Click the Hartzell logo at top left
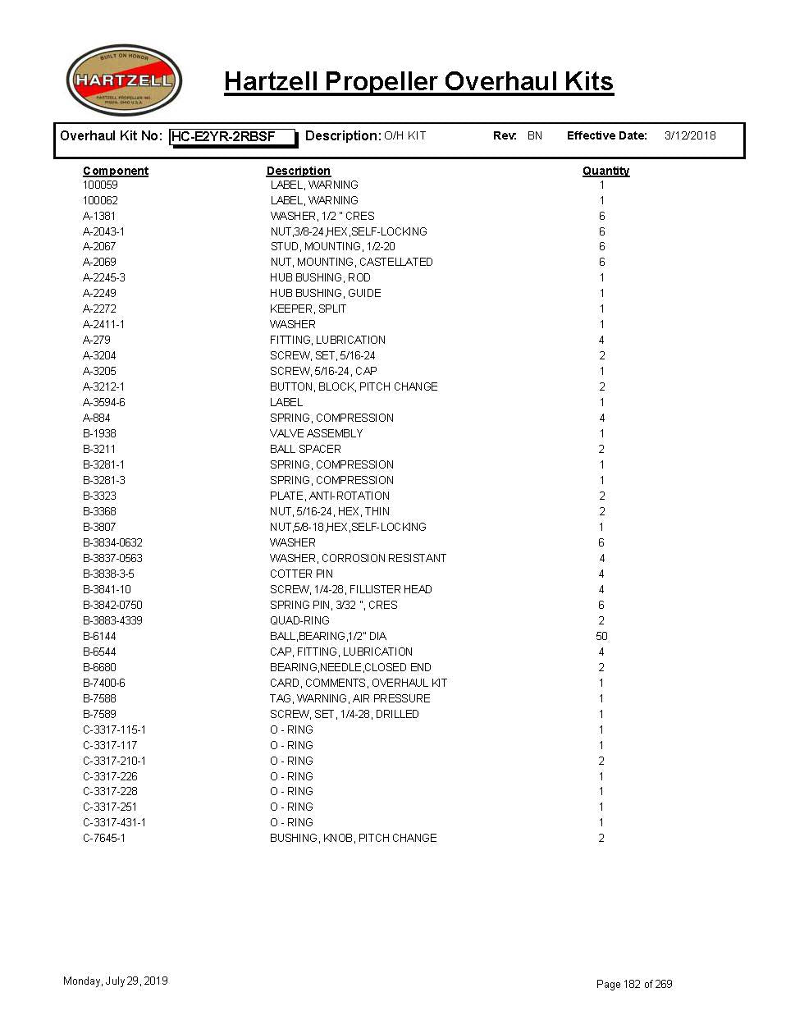point(124,80)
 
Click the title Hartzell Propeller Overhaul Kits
point(418,82)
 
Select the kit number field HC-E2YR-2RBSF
point(232,137)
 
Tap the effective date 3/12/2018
point(689,136)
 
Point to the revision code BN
point(535,136)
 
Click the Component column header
point(116,171)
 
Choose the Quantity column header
point(605,171)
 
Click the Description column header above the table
point(298,171)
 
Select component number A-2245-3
point(104,277)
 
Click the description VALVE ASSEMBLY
point(316,433)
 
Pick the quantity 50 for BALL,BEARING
point(601,636)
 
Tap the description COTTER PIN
point(301,574)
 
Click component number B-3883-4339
point(112,620)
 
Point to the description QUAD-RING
point(299,620)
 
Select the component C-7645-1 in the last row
point(104,838)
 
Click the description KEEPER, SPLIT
point(308,309)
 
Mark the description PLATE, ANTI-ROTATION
point(330,496)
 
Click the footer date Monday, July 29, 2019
point(116,981)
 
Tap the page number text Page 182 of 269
point(634,984)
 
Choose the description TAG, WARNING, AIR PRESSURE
point(350,698)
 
